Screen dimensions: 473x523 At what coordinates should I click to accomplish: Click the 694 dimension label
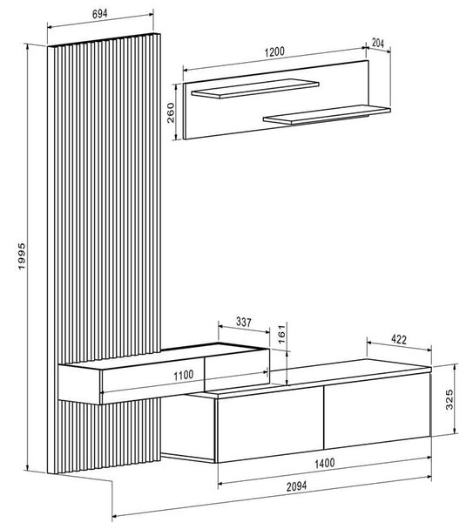99,14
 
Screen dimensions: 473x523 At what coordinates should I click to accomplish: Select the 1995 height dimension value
21,256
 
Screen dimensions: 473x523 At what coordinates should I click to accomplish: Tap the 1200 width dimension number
274,52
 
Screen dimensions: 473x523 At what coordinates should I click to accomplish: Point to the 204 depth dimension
378,43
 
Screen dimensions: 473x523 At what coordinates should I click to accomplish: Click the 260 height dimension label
171,113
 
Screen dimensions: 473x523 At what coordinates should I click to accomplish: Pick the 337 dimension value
244,323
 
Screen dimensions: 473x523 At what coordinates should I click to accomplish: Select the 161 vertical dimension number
281,334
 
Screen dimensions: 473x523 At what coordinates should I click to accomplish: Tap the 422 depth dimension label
399,340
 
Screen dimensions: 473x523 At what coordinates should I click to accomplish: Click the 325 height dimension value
449,399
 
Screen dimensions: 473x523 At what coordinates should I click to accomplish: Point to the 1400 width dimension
325,463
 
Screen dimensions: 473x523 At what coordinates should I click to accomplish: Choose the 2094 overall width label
296,486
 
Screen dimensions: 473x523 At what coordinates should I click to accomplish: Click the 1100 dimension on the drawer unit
183,375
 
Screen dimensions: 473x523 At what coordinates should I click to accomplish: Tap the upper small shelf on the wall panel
255,88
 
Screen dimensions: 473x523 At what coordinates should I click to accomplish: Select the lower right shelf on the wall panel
327,115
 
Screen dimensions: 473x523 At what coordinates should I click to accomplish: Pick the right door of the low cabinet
376,411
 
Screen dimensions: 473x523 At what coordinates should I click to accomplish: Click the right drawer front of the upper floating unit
236,370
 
